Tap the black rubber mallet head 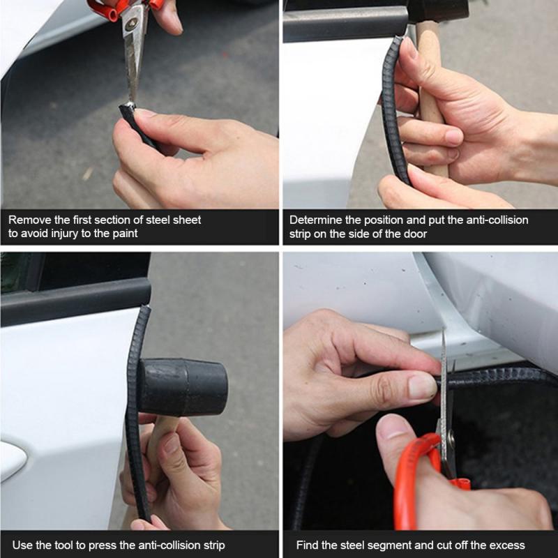[x=183, y=386]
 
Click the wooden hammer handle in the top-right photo [x=431, y=100]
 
